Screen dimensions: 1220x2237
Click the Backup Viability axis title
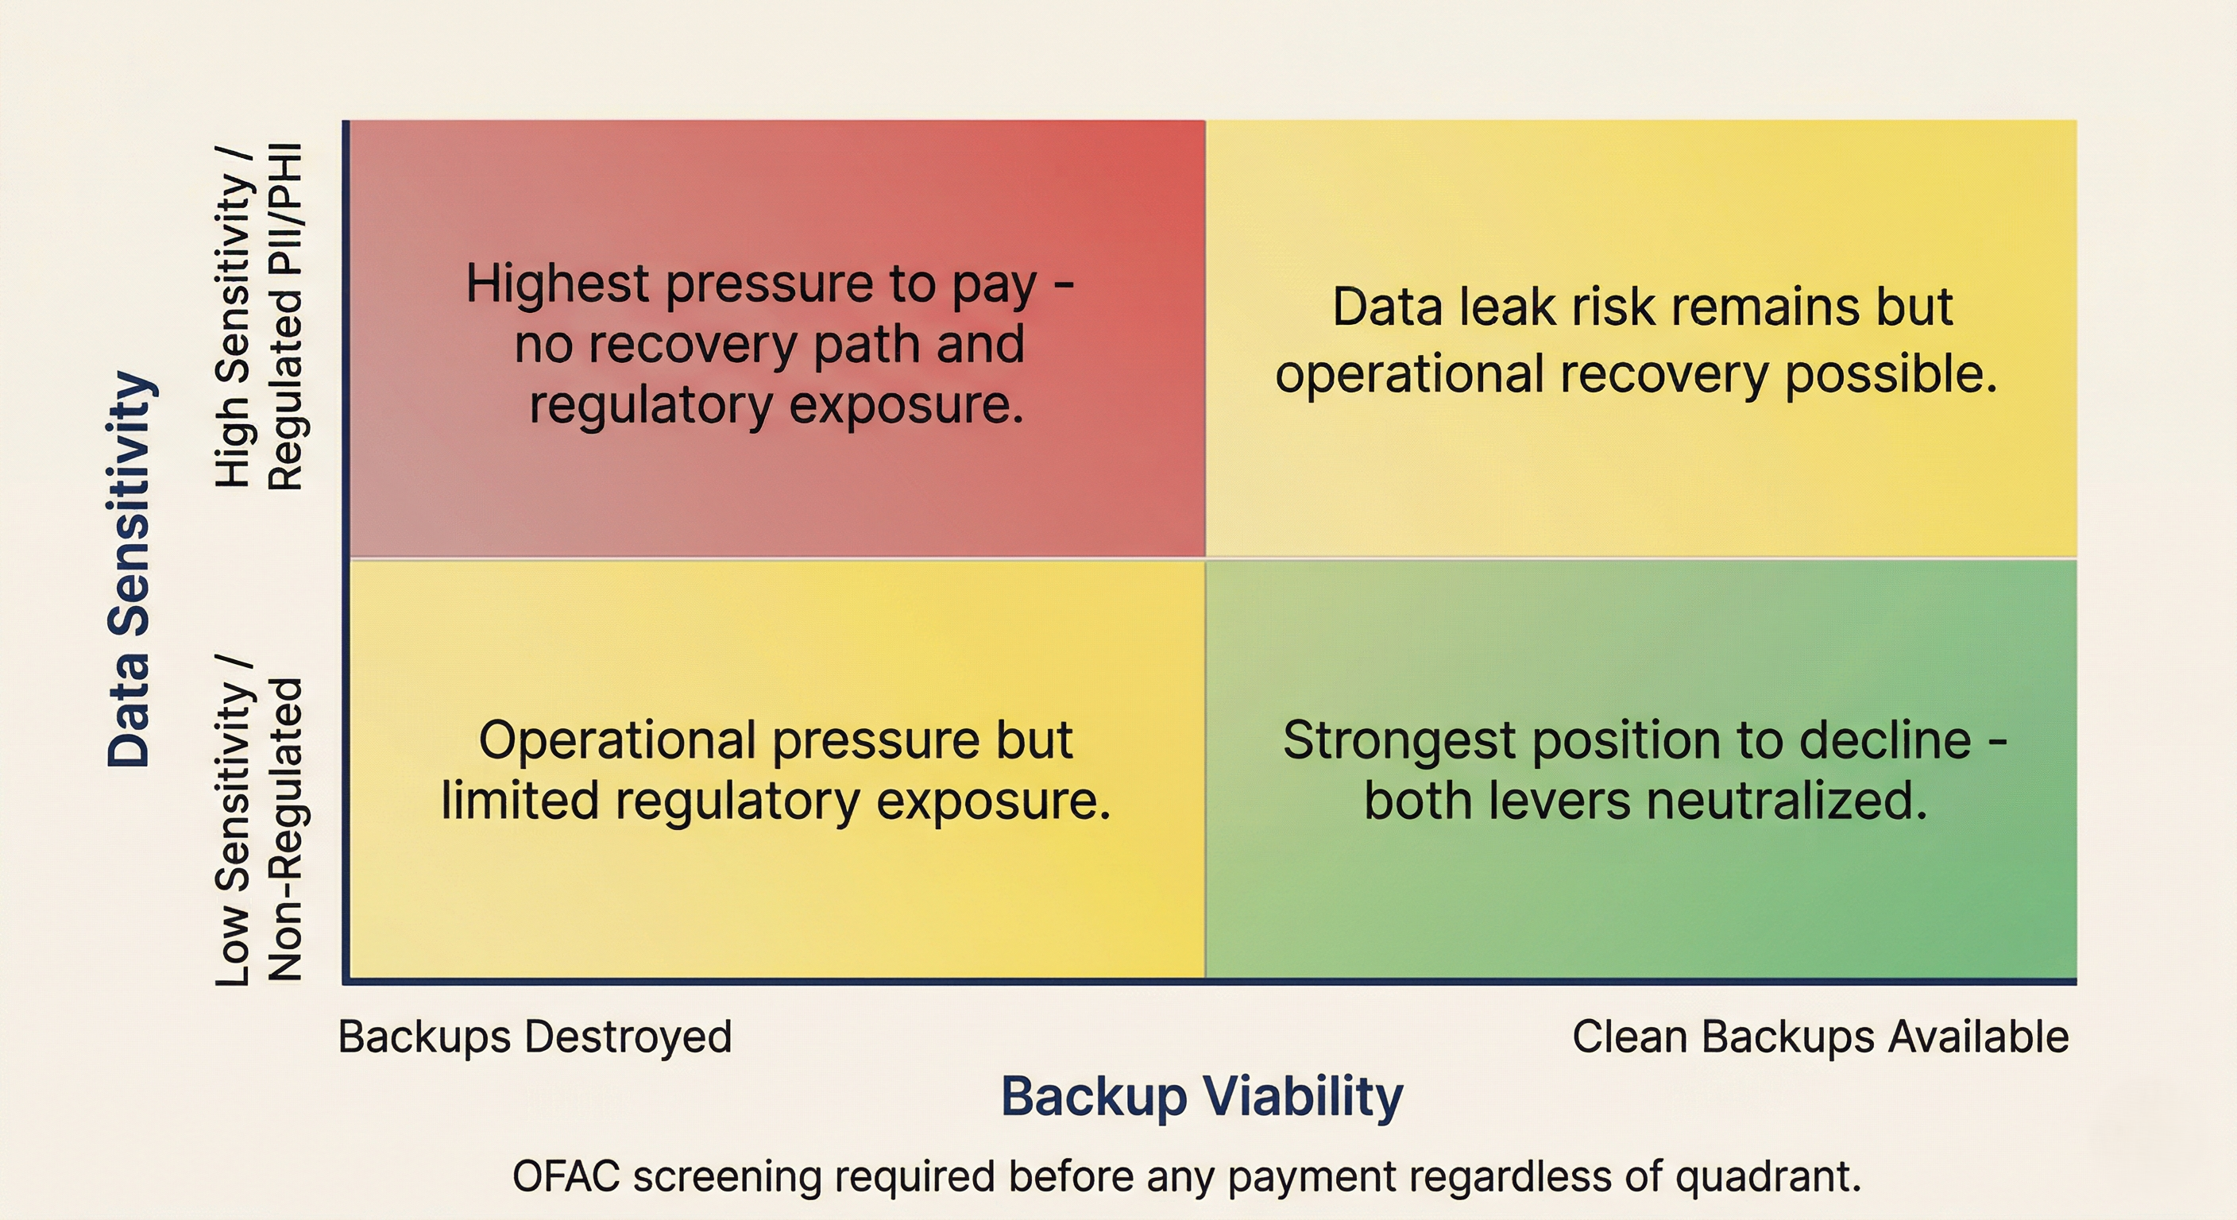point(1201,1096)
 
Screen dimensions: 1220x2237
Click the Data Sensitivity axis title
point(130,569)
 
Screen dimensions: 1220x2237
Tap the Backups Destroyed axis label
point(535,1037)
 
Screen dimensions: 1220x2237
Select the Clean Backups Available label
point(1820,1037)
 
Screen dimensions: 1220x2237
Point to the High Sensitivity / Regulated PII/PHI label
point(259,317)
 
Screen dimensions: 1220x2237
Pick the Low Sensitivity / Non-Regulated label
point(259,820)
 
